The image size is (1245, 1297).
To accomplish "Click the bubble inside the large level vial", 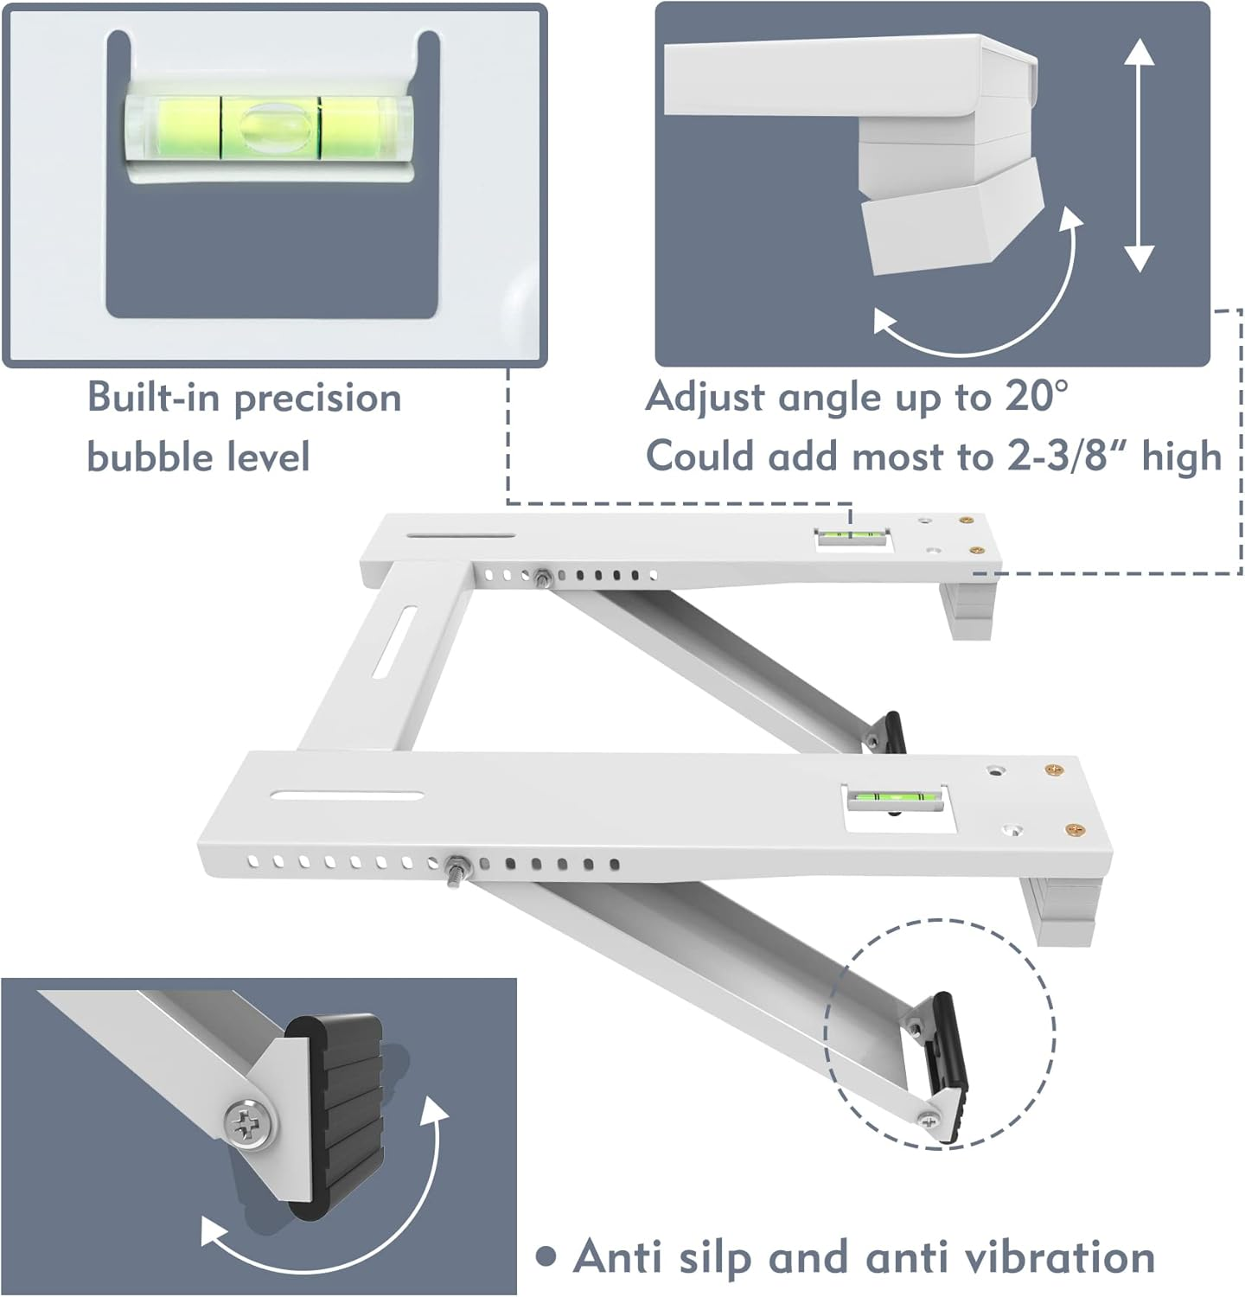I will click(x=271, y=127).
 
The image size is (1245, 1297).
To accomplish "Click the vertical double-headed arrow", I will click(x=1140, y=156).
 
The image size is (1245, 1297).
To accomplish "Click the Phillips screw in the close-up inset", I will click(x=251, y=1124).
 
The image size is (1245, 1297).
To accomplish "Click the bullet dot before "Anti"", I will click(x=545, y=1256).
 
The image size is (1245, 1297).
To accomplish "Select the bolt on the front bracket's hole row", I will click(x=455, y=864).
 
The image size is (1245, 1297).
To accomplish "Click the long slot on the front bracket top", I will click(x=347, y=795).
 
